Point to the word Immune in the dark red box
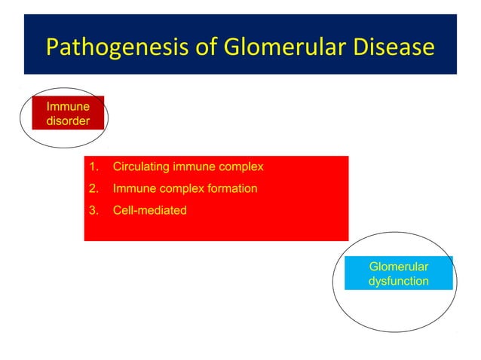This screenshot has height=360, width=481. (68, 107)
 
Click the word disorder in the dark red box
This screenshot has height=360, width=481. (68, 121)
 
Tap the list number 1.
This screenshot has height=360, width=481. (93, 166)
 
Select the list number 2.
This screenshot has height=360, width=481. (93, 188)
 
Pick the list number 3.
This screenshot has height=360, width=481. (93, 210)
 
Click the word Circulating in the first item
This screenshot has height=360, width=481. (141, 166)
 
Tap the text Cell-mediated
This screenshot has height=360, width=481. (149, 210)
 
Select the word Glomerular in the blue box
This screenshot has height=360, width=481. (399, 267)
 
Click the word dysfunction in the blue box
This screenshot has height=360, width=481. (399, 281)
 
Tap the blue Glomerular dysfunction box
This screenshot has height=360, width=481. (399, 273)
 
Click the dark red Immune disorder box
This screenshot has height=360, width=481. (68, 113)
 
